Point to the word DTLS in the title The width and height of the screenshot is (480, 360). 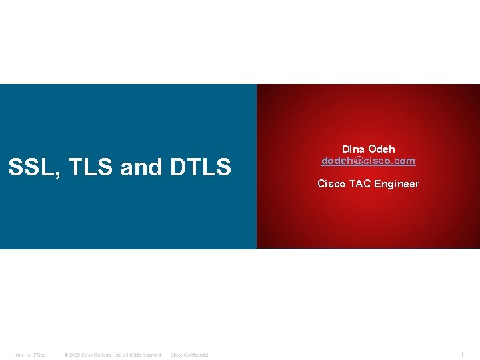[200, 167]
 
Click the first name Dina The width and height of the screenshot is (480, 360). [353, 149]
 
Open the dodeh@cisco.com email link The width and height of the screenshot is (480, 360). [368, 161]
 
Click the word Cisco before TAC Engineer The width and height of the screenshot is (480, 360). [331, 184]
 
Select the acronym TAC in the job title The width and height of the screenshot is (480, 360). [359, 184]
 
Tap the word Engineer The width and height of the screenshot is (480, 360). [397, 184]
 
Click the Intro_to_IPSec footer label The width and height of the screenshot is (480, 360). [30, 355]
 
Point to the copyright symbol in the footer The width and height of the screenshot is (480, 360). [66, 355]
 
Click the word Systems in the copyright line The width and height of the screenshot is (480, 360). [103, 355]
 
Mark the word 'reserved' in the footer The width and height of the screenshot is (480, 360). [150, 355]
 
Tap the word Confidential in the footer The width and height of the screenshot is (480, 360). [196, 355]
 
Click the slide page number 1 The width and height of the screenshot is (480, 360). [462, 354]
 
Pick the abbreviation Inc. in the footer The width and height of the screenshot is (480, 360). [118, 355]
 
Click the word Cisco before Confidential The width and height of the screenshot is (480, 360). [177, 355]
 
